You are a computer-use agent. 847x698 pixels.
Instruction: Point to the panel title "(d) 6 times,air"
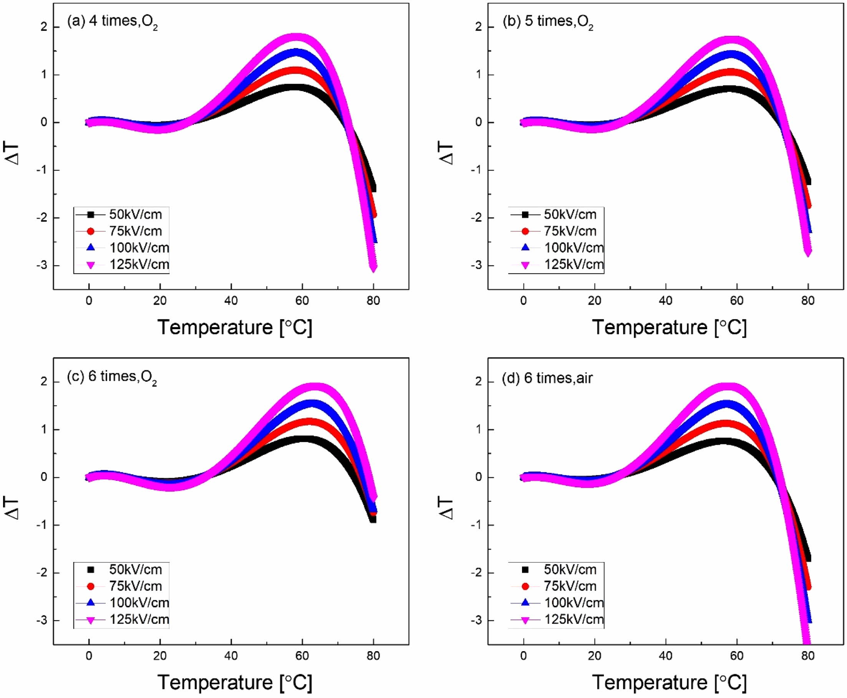547,378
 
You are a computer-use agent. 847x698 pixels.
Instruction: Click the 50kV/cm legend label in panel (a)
136,214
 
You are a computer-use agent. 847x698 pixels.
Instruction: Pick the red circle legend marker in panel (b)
525,231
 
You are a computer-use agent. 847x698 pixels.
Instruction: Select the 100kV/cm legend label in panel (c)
139,603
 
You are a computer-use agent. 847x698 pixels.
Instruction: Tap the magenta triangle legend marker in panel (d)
525,620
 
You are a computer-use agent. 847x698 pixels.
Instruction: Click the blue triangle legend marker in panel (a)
90,248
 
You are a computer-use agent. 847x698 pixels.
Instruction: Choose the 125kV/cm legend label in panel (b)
574,265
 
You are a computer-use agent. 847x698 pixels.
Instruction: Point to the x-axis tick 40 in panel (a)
231,301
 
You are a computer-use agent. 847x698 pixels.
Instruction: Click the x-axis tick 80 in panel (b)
808,301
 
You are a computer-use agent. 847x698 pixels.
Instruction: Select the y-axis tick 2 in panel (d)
478,381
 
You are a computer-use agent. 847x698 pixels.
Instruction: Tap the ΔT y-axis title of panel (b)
446,154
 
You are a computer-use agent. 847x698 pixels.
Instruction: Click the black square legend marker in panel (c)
90,569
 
